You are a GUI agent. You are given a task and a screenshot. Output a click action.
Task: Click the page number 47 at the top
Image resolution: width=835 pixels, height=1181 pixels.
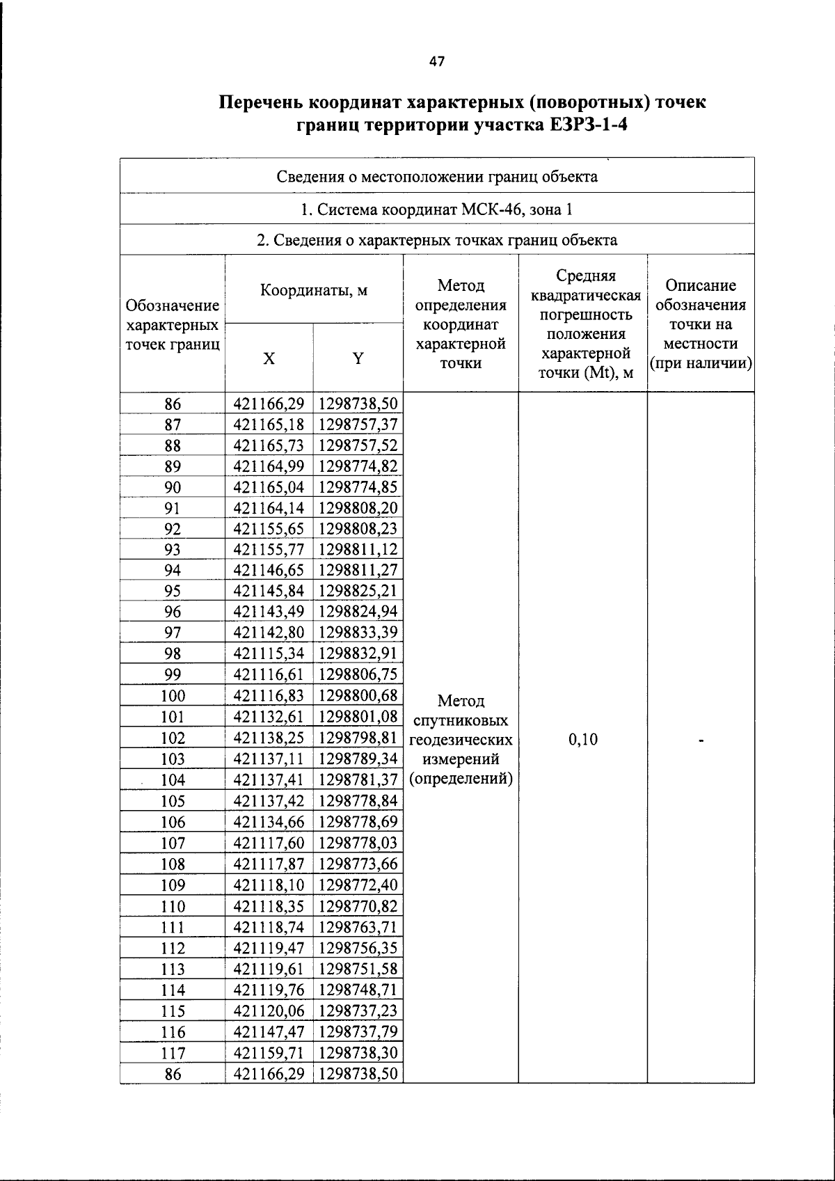click(x=436, y=62)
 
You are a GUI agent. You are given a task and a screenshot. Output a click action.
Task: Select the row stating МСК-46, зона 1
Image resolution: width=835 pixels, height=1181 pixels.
click(x=437, y=209)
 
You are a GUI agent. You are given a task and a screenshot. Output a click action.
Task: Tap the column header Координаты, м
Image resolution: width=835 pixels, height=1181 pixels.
click(x=314, y=290)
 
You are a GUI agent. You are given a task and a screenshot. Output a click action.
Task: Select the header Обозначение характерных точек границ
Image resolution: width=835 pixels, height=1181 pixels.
click(x=173, y=324)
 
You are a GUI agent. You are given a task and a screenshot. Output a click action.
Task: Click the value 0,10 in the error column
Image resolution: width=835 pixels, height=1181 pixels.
click(x=582, y=739)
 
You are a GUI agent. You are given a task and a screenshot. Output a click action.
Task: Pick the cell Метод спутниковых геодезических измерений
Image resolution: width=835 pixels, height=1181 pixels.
click(x=461, y=739)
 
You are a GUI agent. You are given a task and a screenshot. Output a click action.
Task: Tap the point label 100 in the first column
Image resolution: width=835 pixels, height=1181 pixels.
click(x=173, y=696)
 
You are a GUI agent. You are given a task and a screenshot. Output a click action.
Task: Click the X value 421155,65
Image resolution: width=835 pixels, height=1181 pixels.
click(x=269, y=528)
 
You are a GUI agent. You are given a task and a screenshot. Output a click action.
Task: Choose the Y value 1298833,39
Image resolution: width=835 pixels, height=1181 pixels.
click(x=358, y=633)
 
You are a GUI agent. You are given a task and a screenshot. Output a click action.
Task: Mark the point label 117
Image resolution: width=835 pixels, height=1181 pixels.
click(x=173, y=1053)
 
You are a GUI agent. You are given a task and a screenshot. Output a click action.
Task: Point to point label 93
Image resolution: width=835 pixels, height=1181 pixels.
click(x=173, y=550)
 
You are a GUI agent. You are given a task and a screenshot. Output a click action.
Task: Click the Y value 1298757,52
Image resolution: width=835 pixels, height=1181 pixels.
click(x=358, y=445)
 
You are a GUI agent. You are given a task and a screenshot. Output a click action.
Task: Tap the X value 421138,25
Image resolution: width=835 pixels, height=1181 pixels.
click(x=269, y=738)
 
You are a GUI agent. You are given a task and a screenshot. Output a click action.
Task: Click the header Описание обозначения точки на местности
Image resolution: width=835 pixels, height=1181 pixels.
click(x=700, y=324)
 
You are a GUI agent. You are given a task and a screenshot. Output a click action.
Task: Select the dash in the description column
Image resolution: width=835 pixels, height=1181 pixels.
click(x=702, y=742)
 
